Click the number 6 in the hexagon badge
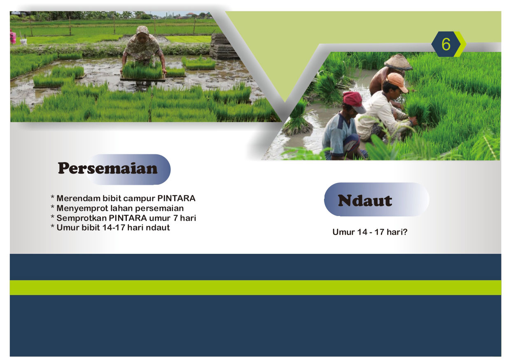coord(446,44)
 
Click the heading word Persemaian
coord(107,168)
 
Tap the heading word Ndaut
coord(365,201)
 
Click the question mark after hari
coord(405,232)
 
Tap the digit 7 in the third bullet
coord(175,218)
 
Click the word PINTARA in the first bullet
coord(176,198)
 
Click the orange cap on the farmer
coord(397,82)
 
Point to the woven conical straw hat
coord(398,62)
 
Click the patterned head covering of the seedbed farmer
coord(142,30)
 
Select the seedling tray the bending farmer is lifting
coord(143,72)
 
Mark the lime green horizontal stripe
coord(255,288)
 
